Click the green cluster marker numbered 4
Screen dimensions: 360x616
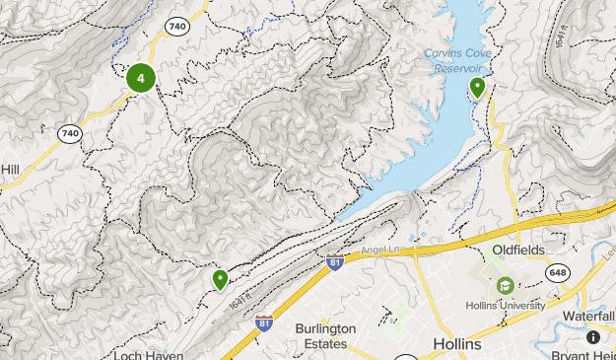[141, 78]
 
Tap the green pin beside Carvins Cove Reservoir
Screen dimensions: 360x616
[477, 88]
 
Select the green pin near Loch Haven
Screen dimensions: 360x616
[220, 279]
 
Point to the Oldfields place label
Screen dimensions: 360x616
[518, 251]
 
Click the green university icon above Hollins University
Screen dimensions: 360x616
[506, 286]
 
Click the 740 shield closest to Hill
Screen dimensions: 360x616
[69, 133]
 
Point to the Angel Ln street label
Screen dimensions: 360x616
[379, 252]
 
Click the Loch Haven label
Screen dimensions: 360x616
[149, 353]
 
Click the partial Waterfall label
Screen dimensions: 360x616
[589, 316]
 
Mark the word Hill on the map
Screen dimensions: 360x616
[10, 169]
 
